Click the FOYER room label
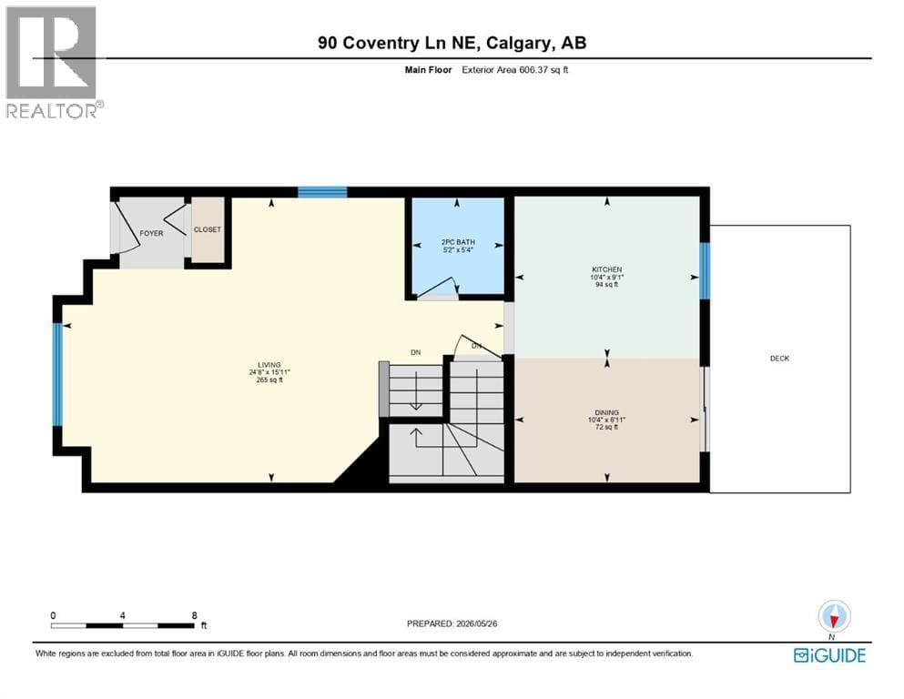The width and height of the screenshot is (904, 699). click(x=151, y=233)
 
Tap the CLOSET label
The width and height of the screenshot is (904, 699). click(x=208, y=229)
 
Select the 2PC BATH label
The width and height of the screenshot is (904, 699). click(x=458, y=243)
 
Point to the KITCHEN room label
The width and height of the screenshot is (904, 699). click(x=607, y=269)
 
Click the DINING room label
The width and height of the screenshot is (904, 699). click(x=607, y=412)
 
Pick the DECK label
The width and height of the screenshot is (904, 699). click(x=779, y=359)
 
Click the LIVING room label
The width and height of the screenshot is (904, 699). click(x=269, y=365)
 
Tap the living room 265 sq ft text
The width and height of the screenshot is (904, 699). click(x=269, y=380)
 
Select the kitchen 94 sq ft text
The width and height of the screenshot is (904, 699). click(x=607, y=285)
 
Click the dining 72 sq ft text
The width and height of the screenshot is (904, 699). click(x=607, y=427)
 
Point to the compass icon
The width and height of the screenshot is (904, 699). click(x=834, y=617)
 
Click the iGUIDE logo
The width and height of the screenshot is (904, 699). click(x=829, y=655)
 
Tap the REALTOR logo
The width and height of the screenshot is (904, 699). click(x=53, y=62)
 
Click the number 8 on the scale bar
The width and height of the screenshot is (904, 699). click(x=195, y=615)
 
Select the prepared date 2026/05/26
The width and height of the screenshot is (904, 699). click(x=476, y=623)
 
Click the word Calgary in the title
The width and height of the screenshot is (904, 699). click(x=517, y=43)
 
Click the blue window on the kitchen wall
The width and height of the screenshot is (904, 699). click(x=705, y=271)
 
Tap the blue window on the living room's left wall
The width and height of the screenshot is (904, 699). click(x=57, y=375)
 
